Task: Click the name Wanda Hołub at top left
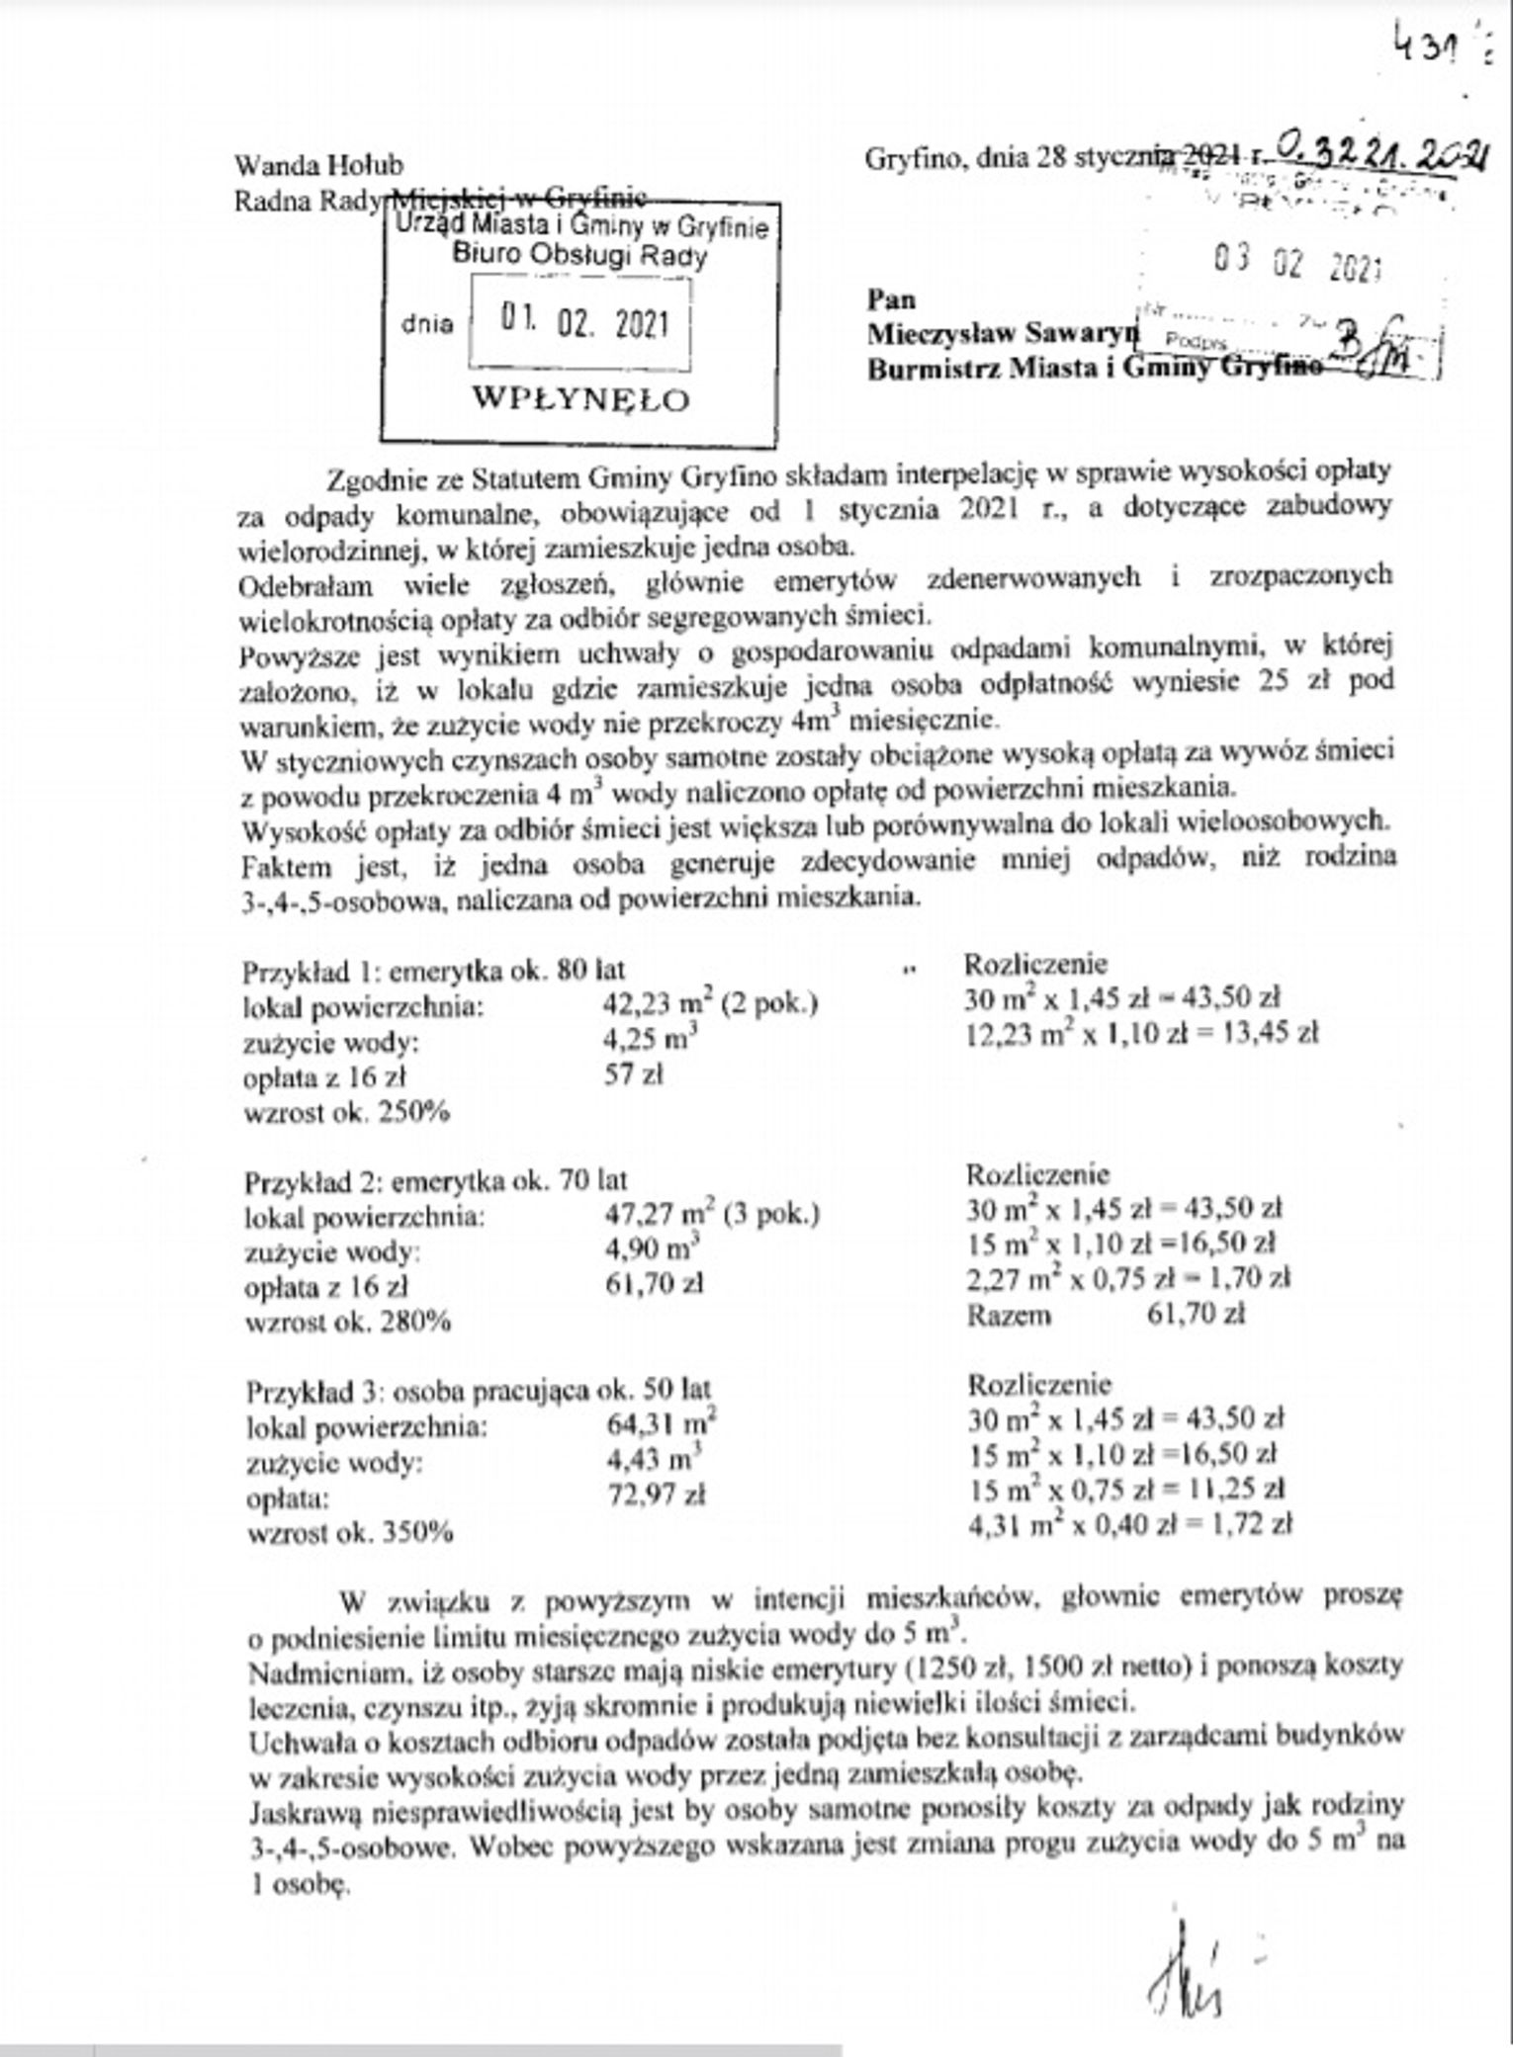318,165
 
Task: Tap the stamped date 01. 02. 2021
583,323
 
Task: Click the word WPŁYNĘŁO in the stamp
580,399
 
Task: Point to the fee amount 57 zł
633,1073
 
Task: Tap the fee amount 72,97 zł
655,1495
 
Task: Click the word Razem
1009,1315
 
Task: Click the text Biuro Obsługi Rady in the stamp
579,256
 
